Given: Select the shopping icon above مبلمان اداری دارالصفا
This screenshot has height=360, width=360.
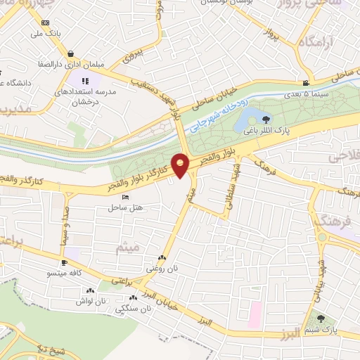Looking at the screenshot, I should (x=71, y=53).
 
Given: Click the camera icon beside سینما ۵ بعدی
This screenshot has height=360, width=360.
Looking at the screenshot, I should (x=305, y=83).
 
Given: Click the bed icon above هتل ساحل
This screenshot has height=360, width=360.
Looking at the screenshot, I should (x=125, y=197).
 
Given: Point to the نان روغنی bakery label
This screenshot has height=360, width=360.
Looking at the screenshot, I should (x=158, y=269).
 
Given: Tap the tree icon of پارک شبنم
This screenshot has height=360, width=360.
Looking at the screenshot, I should (x=322, y=319).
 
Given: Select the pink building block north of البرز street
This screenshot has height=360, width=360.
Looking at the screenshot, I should (x=254, y=308).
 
